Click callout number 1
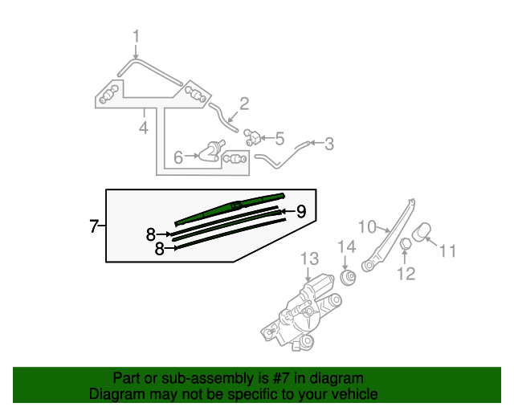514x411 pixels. [136, 36]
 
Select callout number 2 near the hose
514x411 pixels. [243, 104]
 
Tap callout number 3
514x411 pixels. [328, 144]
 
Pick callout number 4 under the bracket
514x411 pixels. [143, 128]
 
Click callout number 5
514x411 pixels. [279, 138]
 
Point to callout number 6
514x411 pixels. [178, 157]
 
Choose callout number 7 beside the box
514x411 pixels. [93, 226]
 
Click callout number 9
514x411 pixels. [300, 211]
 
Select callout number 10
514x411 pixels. [366, 227]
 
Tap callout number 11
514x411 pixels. [447, 250]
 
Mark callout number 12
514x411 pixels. [406, 274]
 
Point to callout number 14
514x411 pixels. [345, 246]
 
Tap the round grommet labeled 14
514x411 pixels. [348, 278]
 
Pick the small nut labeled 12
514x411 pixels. [406, 243]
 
